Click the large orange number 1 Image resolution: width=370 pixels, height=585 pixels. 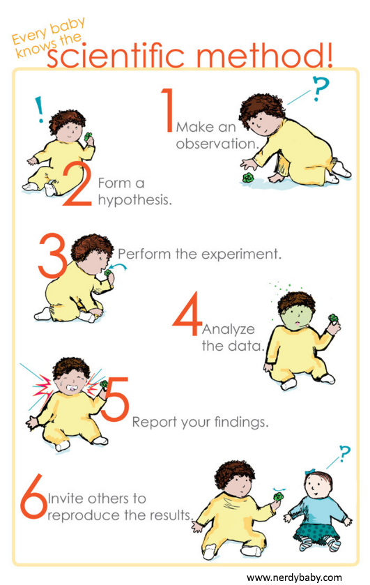tap(167, 109)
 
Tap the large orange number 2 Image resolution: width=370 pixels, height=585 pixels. tap(77, 185)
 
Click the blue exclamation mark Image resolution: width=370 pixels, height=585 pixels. tap(39, 109)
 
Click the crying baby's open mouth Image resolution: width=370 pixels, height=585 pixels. tap(70, 386)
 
